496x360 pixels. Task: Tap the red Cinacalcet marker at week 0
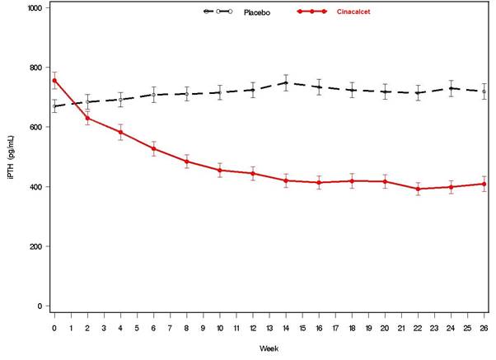pos(54,81)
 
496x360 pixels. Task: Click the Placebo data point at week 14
pos(286,82)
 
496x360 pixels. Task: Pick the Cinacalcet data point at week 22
pos(418,189)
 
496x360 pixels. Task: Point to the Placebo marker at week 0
pos(54,106)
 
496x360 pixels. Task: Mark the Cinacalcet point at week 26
pos(484,184)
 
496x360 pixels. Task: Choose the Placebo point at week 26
pos(484,91)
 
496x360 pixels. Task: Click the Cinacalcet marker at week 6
pos(153,149)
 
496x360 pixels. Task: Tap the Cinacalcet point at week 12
pos(253,174)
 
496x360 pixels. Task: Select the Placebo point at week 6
pos(153,95)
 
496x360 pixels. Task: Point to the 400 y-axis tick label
pos(38,187)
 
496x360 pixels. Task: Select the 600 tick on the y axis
pos(38,127)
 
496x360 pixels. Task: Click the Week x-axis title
pos(269,349)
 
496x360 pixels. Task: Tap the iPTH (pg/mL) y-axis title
pos(12,157)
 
